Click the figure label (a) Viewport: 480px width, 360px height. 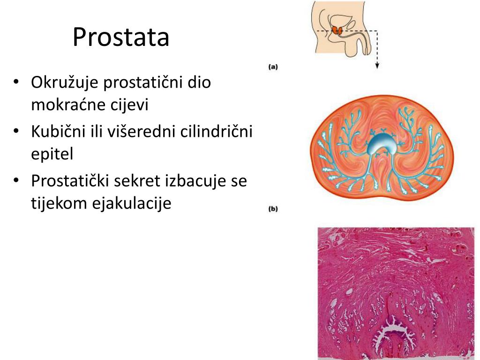pyautogui.click(x=273, y=67)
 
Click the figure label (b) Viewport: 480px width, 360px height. pyautogui.click(x=273, y=209)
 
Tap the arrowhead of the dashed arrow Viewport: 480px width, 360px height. pyautogui.click(x=377, y=67)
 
